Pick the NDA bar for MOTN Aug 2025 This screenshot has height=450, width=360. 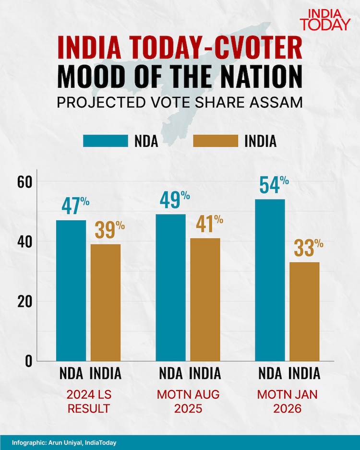170,288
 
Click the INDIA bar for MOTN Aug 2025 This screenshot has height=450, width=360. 205,299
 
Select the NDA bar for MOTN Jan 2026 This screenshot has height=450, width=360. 270,280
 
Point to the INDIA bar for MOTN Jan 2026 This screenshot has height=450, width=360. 304,311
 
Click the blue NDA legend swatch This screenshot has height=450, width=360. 106,141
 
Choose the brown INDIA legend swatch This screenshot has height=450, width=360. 216,141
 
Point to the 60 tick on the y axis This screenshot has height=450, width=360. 25,182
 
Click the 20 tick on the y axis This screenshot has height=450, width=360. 25,302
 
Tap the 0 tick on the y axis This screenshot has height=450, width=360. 28,361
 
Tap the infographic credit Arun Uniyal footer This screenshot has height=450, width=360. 64,442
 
